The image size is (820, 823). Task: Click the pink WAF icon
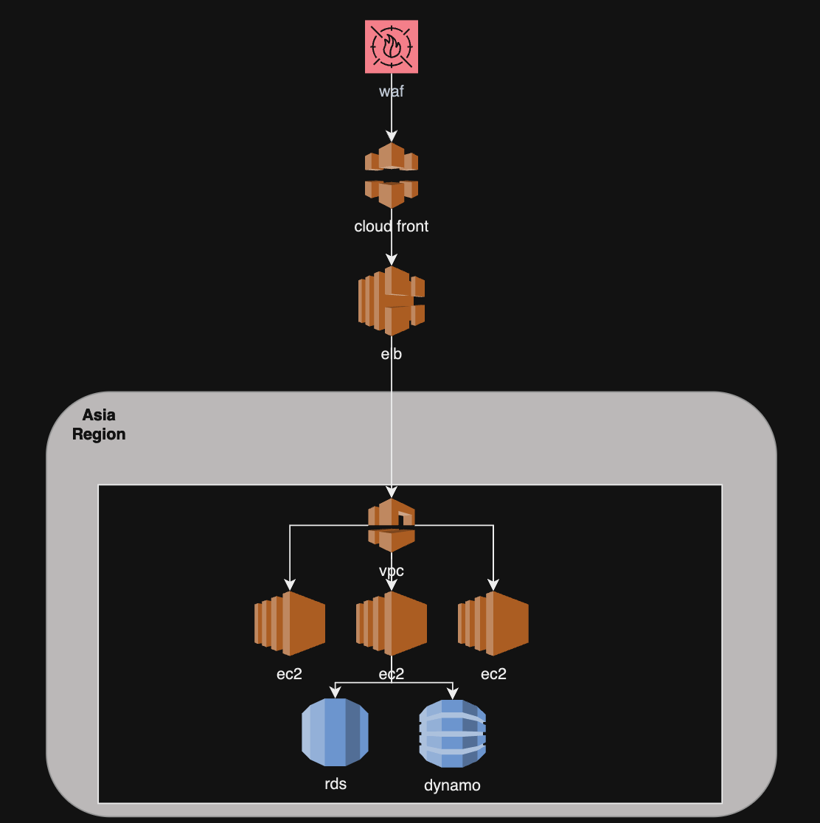pyautogui.click(x=392, y=46)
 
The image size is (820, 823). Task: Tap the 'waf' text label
pyautogui.click(x=392, y=91)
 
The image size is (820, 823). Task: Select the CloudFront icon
pyautogui.click(x=392, y=175)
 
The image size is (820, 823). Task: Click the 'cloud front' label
pyautogui.click(x=392, y=226)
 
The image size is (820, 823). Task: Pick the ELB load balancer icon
pyautogui.click(x=392, y=301)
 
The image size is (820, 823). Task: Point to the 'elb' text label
pyautogui.click(x=392, y=354)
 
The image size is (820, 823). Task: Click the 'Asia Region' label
pyautogui.click(x=99, y=425)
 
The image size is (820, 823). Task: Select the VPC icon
pyautogui.click(x=392, y=525)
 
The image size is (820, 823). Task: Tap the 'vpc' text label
pyautogui.click(x=392, y=571)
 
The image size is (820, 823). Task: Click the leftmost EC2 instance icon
pyautogui.click(x=290, y=623)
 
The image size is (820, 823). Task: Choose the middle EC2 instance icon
pyautogui.click(x=392, y=623)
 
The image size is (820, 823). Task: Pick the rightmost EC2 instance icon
pyautogui.click(x=493, y=623)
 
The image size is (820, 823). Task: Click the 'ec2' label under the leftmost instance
pyautogui.click(x=290, y=673)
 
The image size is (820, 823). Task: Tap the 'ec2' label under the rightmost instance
pyautogui.click(x=493, y=673)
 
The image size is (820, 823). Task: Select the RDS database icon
pyautogui.click(x=335, y=732)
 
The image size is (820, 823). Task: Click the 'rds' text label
pyautogui.click(x=336, y=783)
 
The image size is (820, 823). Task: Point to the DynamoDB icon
pyautogui.click(x=453, y=732)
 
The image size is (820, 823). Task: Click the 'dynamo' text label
pyautogui.click(x=452, y=785)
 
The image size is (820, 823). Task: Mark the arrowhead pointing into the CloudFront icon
pyautogui.click(x=392, y=136)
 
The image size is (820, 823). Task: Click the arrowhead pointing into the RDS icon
pyautogui.click(x=336, y=692)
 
